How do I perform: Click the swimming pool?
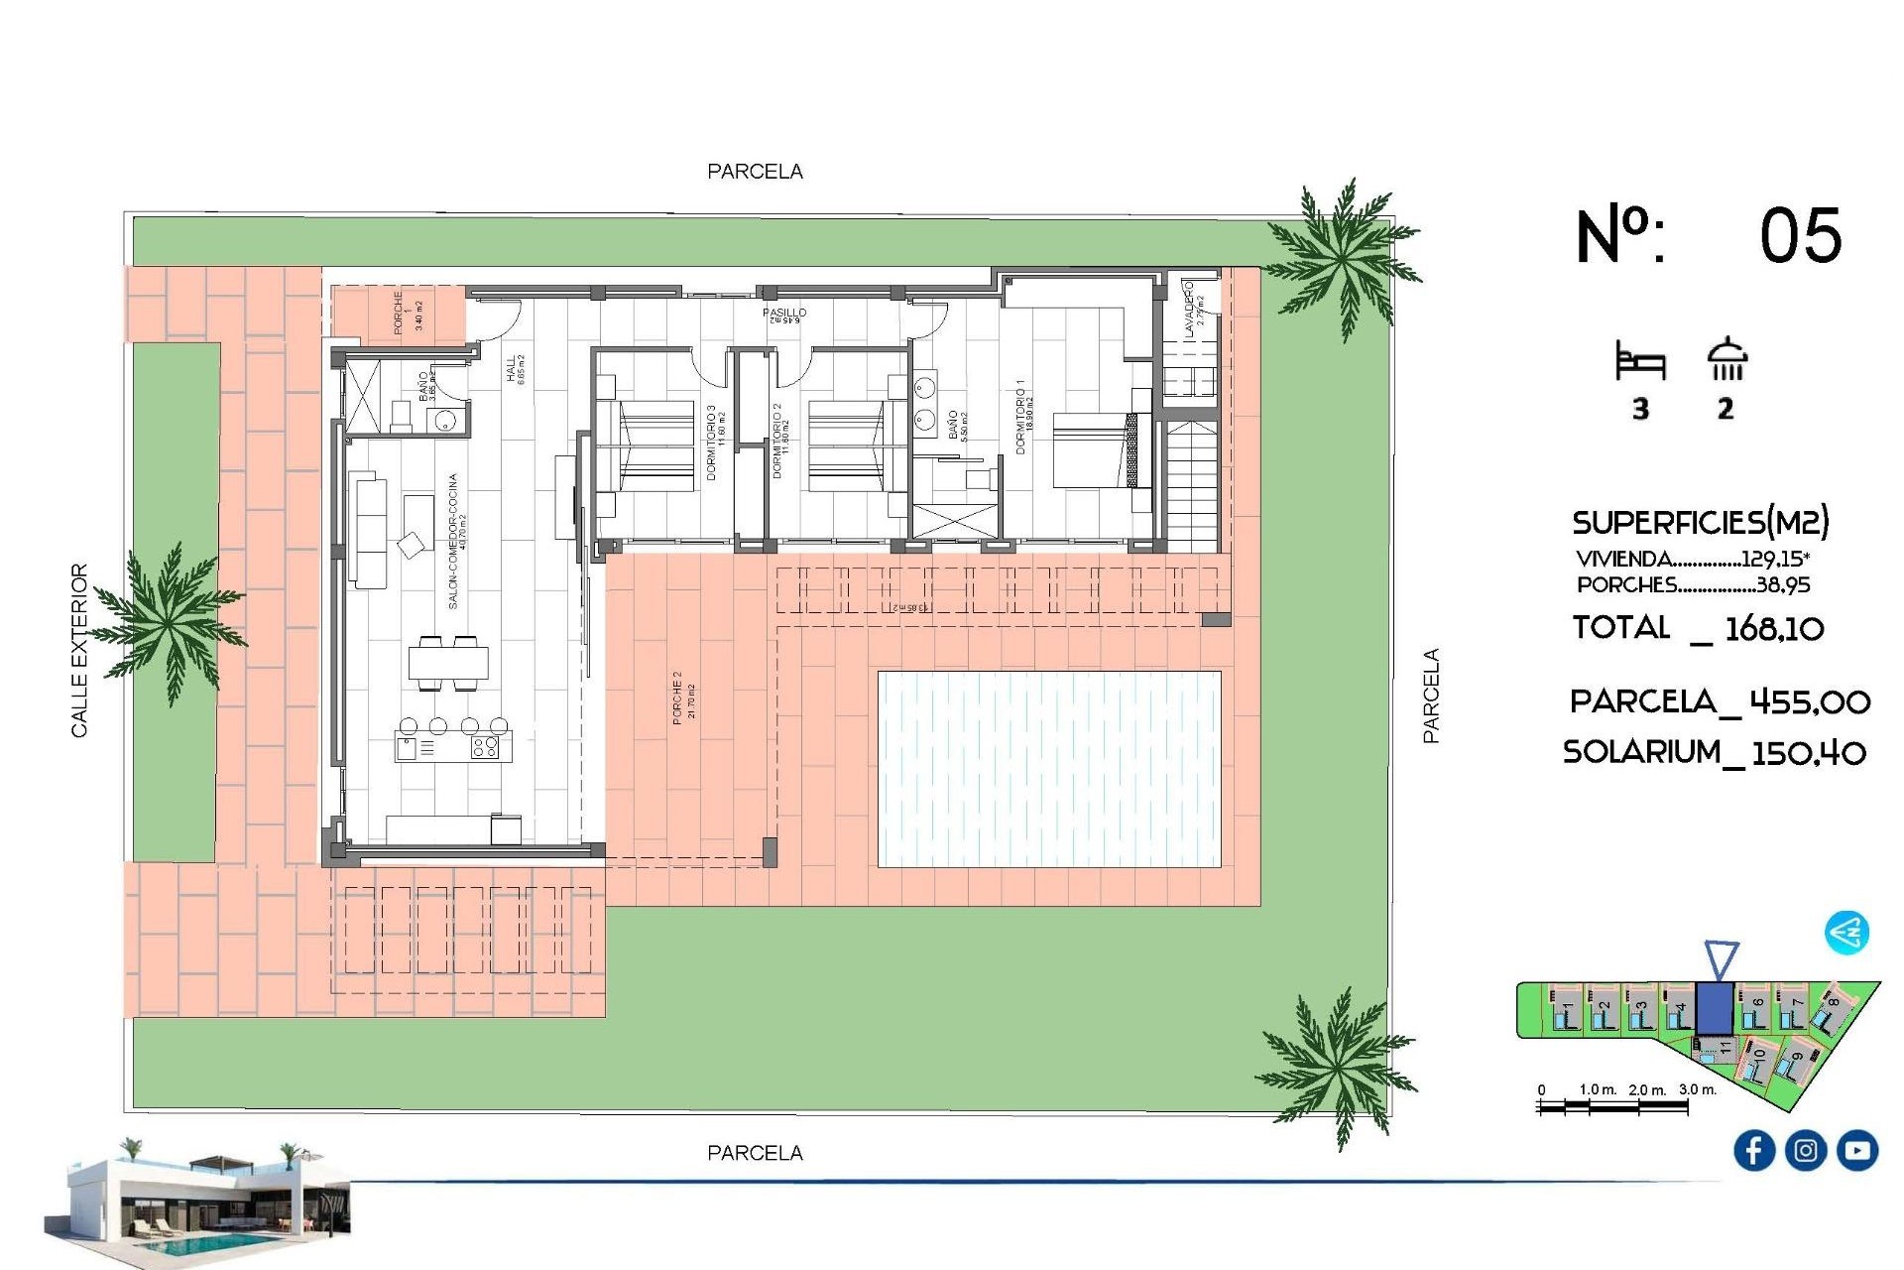pos(1049,769)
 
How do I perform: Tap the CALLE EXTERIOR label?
pos(79,651)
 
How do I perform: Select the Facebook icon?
pos(1753,1150)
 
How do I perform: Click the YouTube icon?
pos(1856,1150)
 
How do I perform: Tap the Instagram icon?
pos(1805,1150)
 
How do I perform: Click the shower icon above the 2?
pos(1726,359)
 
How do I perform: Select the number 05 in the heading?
pos(1800,236)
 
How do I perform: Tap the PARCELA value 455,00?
pos(1809,702)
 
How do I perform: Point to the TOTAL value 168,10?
pos(1774,628)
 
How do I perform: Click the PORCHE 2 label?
pos(677,697)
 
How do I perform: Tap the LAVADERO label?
pos(1189,309)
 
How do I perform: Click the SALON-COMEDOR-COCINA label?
pos(453,541)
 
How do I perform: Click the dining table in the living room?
pos(448,663)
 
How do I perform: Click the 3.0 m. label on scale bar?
pos(1697,1089)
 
